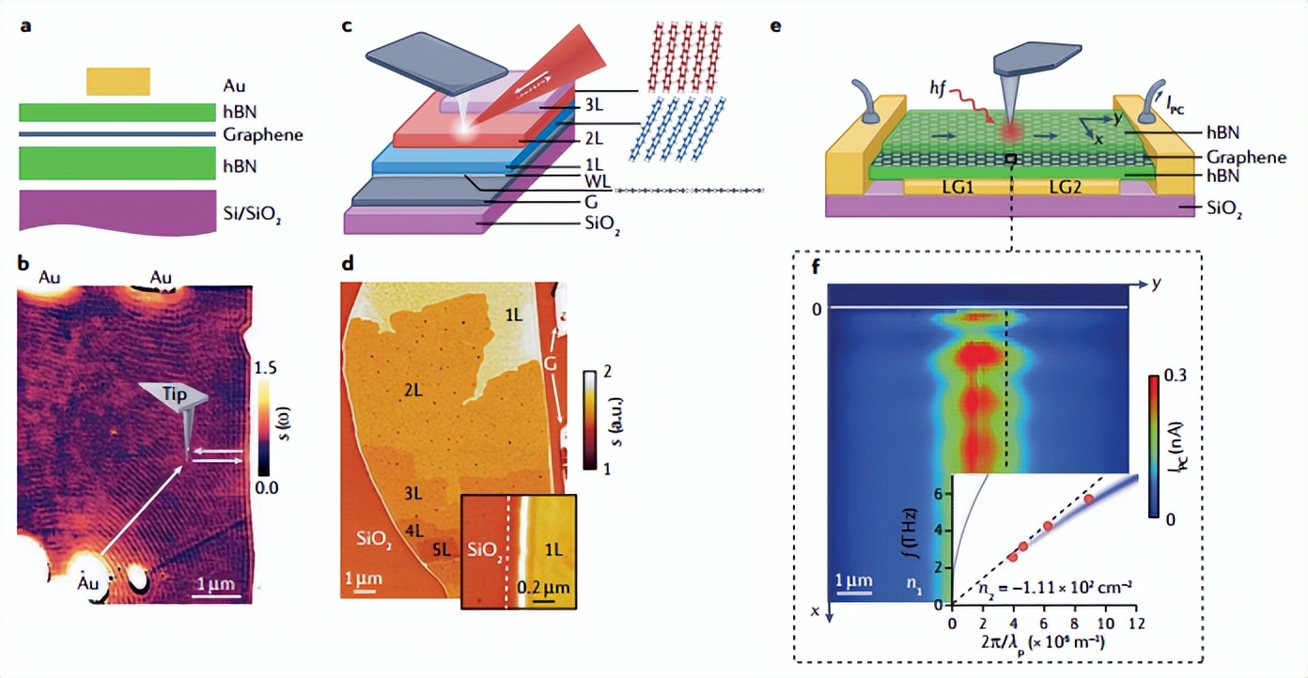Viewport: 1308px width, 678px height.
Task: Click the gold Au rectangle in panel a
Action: [117, 82]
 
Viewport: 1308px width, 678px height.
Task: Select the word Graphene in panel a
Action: [263, 134]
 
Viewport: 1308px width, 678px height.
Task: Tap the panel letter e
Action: [775, 26]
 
